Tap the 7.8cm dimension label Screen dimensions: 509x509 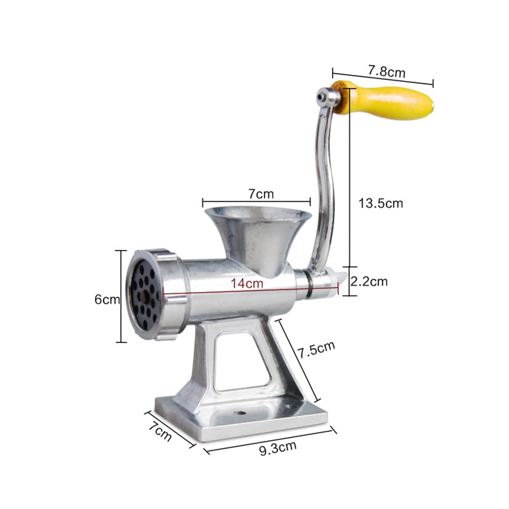pyautogui.click(x=386, y=71)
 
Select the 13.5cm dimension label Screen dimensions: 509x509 pyautogui.click(x=380, y=203)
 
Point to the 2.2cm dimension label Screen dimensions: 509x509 pyautogui.click(x=369, y=281)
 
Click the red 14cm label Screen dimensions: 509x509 pyautogui.click(x=247, y=283)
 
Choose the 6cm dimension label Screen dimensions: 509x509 pyautogui.click(x=107, y=299)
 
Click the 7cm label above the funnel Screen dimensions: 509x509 pyautogui.click(x=261, y=194)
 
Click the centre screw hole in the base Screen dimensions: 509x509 pyautogui.click(x=241, y=413)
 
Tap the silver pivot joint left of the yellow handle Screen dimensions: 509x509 pyautogui.click(x=324, y=97)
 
